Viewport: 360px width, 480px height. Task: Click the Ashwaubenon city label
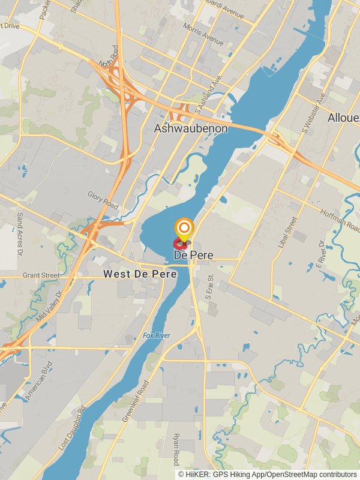(191, 128)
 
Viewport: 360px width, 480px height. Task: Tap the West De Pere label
(140, 274)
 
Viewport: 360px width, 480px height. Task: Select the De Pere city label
(193, 255)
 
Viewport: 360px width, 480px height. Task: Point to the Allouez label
(344, 118)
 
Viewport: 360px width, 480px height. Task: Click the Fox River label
(157, 335)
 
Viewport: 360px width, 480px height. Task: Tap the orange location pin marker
(184, 229)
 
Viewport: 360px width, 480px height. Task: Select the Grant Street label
(41, 275)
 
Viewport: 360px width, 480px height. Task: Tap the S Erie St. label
(210, 286)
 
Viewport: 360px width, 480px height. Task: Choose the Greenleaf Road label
(134, 401)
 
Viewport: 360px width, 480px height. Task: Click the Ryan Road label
(176, 449)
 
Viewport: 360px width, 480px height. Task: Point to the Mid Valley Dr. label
(50, 305)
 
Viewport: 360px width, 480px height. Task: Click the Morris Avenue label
(205, 38)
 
